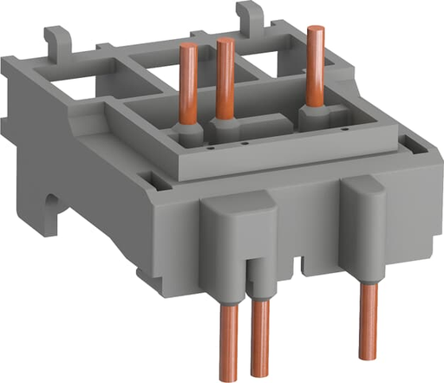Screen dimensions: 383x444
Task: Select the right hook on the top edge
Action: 252,13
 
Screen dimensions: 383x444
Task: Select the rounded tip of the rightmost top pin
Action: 311,31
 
